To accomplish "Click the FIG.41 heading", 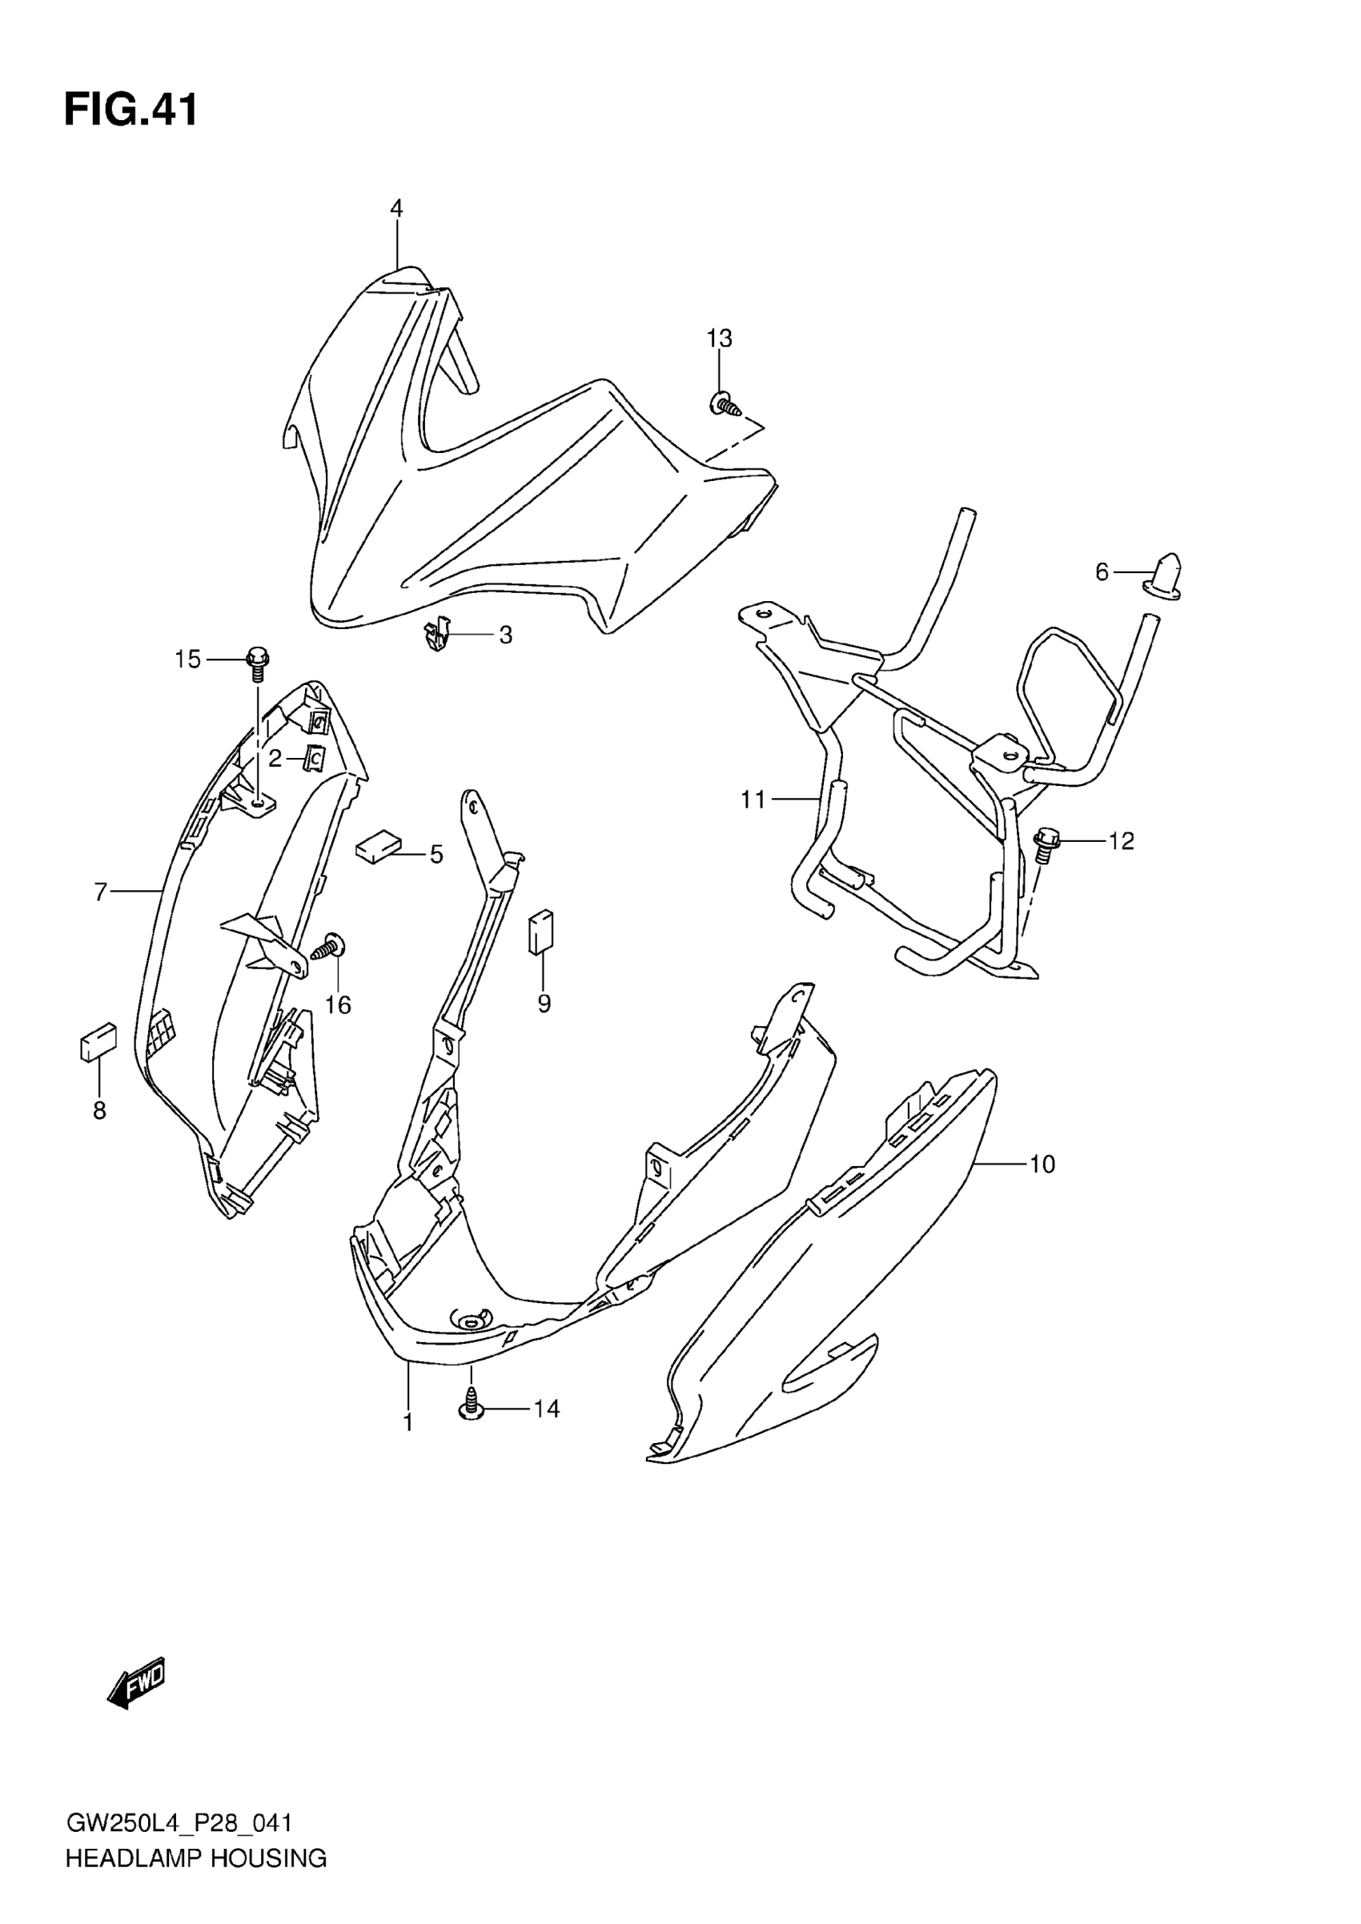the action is pos(131,110).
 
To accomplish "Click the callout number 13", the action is pos(719,339).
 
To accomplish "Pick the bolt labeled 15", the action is pos(258,660).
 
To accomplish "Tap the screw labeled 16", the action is pos(331,948).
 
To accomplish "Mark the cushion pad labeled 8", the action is pos(98,1041).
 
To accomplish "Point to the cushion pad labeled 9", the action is pos(540,931).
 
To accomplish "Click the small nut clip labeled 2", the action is pos(315,759).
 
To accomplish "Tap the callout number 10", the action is pos(1042,1164).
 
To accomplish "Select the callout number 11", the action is pos(753,800).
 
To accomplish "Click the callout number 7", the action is pos(101,892).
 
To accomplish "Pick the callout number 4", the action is pos(396,209).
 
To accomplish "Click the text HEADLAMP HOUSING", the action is pos(196,1858).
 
